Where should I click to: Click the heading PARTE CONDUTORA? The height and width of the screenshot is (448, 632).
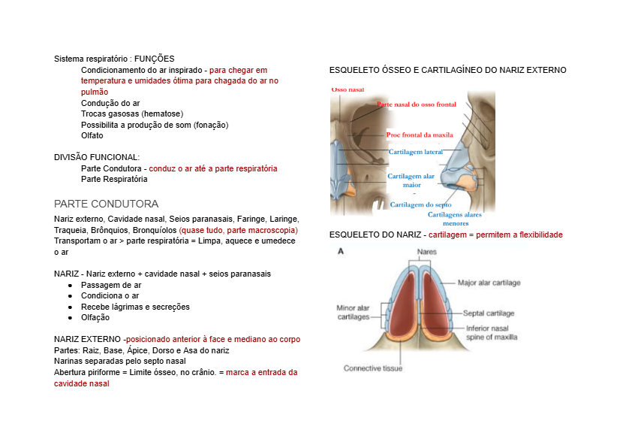pos(106,204)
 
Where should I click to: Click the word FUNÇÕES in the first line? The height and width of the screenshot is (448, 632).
pos(155,59)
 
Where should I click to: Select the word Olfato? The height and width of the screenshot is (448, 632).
pos(92,135)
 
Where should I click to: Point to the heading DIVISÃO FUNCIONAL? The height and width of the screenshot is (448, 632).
pos(97,157)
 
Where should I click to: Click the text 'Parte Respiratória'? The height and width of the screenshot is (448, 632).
pos(114,179)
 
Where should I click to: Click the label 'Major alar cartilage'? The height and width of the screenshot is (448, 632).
pos(489,283)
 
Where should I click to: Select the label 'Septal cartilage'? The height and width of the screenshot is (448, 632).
pos(489,313)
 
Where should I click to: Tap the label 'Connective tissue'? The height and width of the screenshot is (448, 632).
pos(373,368)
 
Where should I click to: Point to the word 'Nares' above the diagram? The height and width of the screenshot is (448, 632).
pos(427,252)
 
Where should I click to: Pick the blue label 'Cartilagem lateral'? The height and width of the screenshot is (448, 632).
pos(416,152)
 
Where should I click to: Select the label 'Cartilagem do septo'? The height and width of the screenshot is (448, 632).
pos(420,204)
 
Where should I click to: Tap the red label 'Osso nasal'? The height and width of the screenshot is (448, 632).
pos(348,89)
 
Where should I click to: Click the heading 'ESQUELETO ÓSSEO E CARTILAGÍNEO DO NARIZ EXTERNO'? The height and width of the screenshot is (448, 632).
pos(448,70)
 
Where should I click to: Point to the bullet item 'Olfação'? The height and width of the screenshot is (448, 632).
pos(95,317)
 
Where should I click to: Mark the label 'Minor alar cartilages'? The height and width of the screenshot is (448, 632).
pos(353,312)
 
